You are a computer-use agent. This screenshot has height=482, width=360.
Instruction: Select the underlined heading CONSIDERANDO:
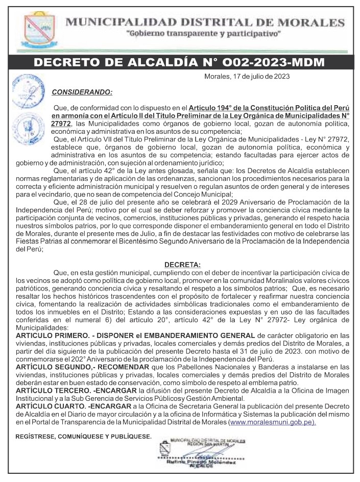click(x=81, y=92)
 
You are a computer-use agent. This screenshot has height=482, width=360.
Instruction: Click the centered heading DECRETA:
click(x=182, y=264)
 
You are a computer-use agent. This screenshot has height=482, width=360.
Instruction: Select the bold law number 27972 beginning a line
click(x=61, y=124)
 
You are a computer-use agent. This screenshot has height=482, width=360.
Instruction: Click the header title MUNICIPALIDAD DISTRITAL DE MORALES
click(x=206, y=22)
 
